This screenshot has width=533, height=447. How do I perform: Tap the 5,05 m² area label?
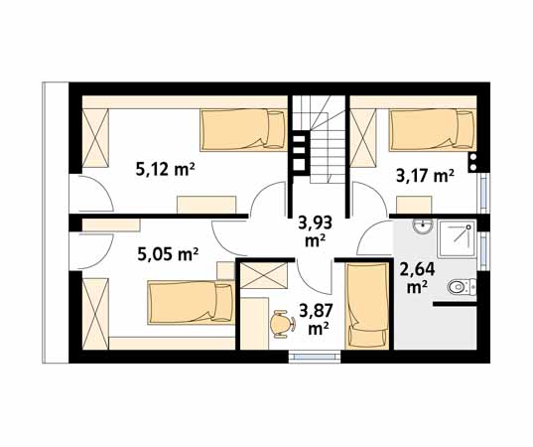(x=168, y=253)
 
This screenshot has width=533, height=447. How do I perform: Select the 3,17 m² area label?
(x=425, y=176)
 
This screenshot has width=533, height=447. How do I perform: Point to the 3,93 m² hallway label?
(x=315, y=231)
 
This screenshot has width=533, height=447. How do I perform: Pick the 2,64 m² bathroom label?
(x=418, y=277)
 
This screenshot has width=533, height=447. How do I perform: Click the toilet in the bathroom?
(x=461, y=287)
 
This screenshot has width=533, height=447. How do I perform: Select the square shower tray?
(x=457, y=238)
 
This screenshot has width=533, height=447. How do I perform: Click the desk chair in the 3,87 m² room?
(x=282, y=323)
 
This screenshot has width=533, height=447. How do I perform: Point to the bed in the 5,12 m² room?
(x=244, y=129)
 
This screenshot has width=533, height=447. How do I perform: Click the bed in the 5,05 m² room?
(x=192, y=302)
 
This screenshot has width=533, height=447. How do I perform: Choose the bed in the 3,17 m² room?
(x=433, y=129)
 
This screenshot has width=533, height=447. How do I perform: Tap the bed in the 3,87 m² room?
(x=367, y=306)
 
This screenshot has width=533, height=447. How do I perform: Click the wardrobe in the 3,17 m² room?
(x=363, y=138)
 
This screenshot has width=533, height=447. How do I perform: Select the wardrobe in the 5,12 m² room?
(x=95, y=138)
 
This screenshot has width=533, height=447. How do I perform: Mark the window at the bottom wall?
(x=315, y=357)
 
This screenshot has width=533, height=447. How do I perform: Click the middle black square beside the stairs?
(x=300, y=151)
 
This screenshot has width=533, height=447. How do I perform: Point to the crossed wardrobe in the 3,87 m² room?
(x=264, y=275)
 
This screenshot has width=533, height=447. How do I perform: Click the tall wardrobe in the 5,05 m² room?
(x=95, y=314)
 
